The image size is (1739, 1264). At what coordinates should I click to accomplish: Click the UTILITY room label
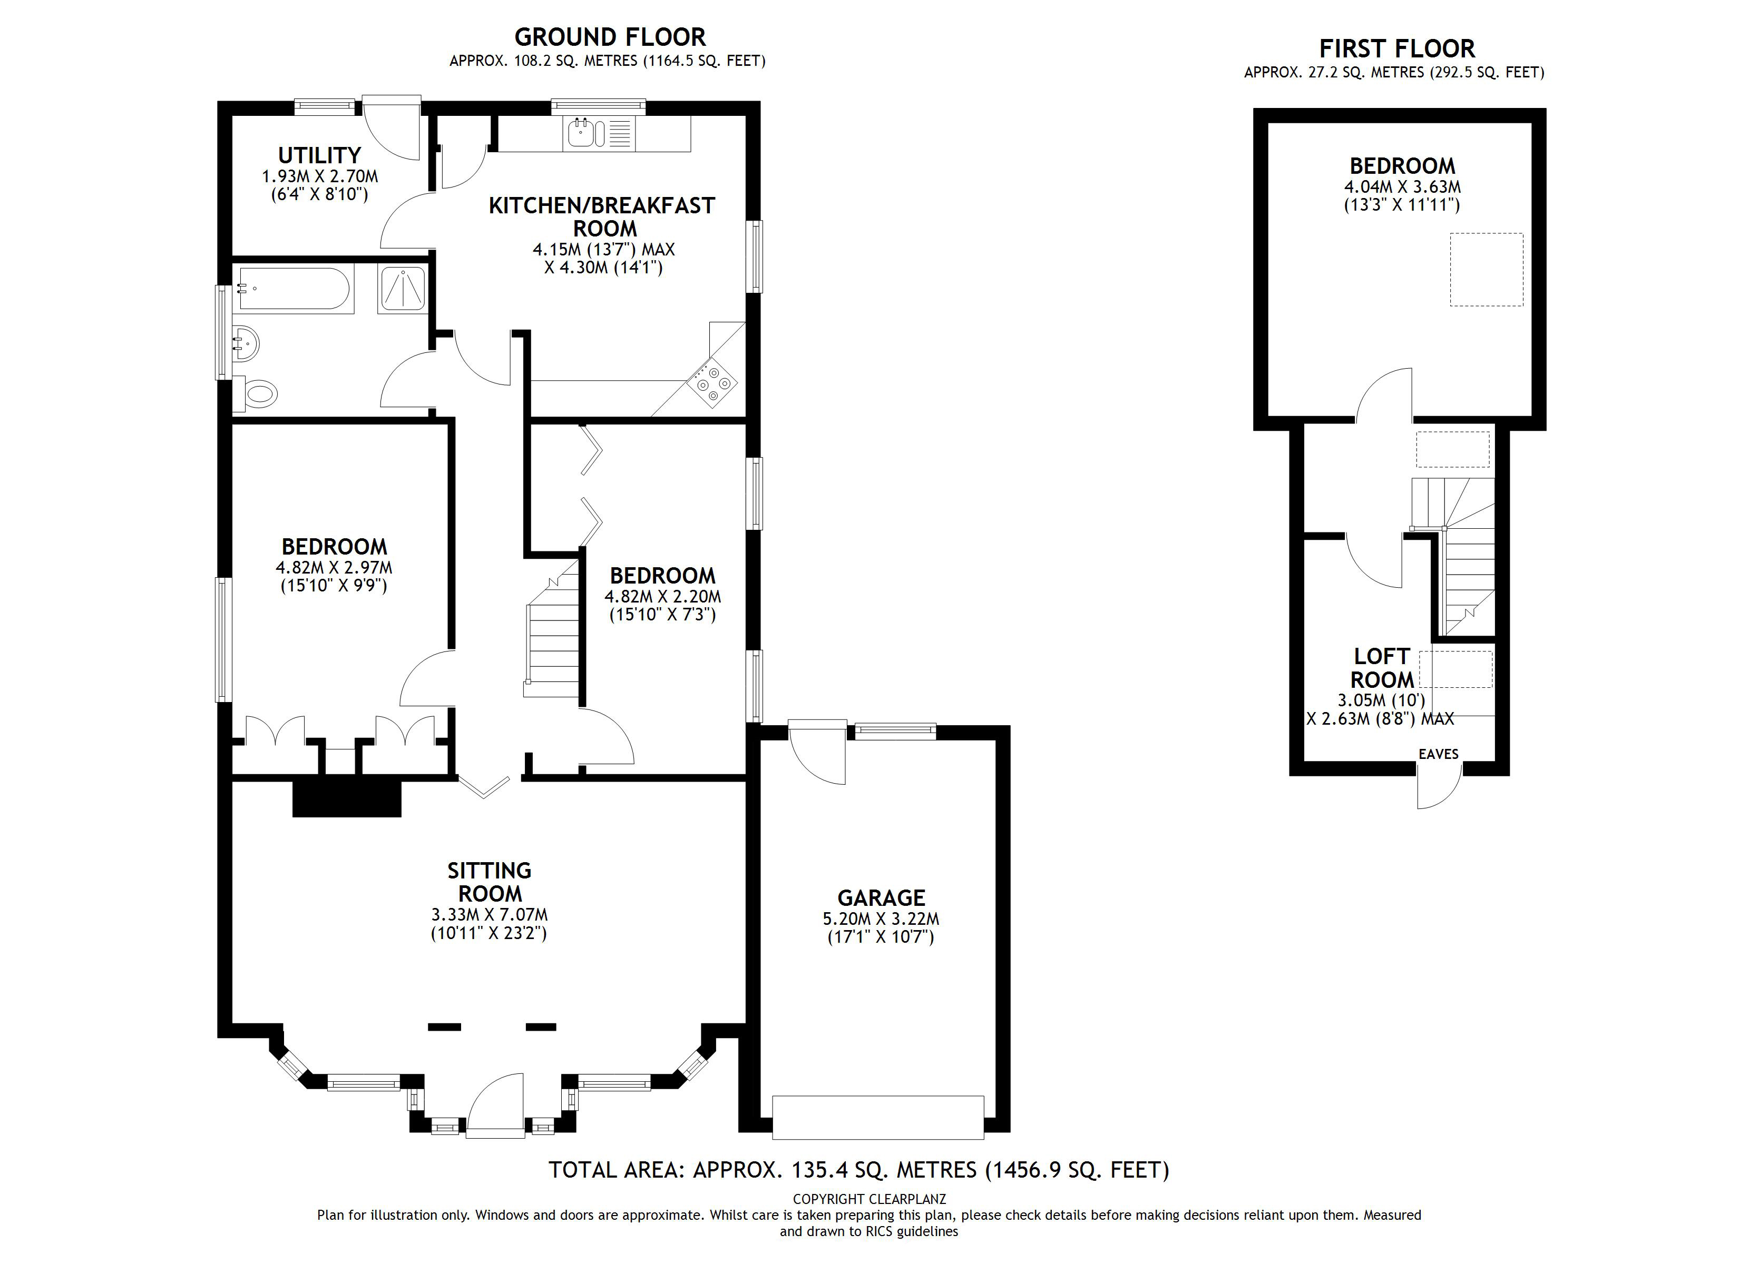(319, 155)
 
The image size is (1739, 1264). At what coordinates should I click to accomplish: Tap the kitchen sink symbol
(581, 133)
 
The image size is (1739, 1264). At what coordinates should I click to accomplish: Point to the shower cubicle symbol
(402, 289)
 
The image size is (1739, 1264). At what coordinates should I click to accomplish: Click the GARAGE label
(881, 897)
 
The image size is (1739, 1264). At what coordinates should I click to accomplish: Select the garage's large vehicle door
(878, 1118)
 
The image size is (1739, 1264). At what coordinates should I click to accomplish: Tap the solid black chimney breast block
(347, 799)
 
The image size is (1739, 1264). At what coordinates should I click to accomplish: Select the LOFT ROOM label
(1382, 668)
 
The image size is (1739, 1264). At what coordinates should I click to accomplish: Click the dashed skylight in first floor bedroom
(1486, 270)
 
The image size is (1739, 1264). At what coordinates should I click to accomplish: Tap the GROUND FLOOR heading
(610, 37)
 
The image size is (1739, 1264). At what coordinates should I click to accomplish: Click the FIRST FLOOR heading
(1396, 49)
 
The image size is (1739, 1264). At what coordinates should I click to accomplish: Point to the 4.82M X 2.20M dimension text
(662, 596)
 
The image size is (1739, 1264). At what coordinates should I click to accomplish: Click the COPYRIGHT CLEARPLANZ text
(869, 1199)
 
